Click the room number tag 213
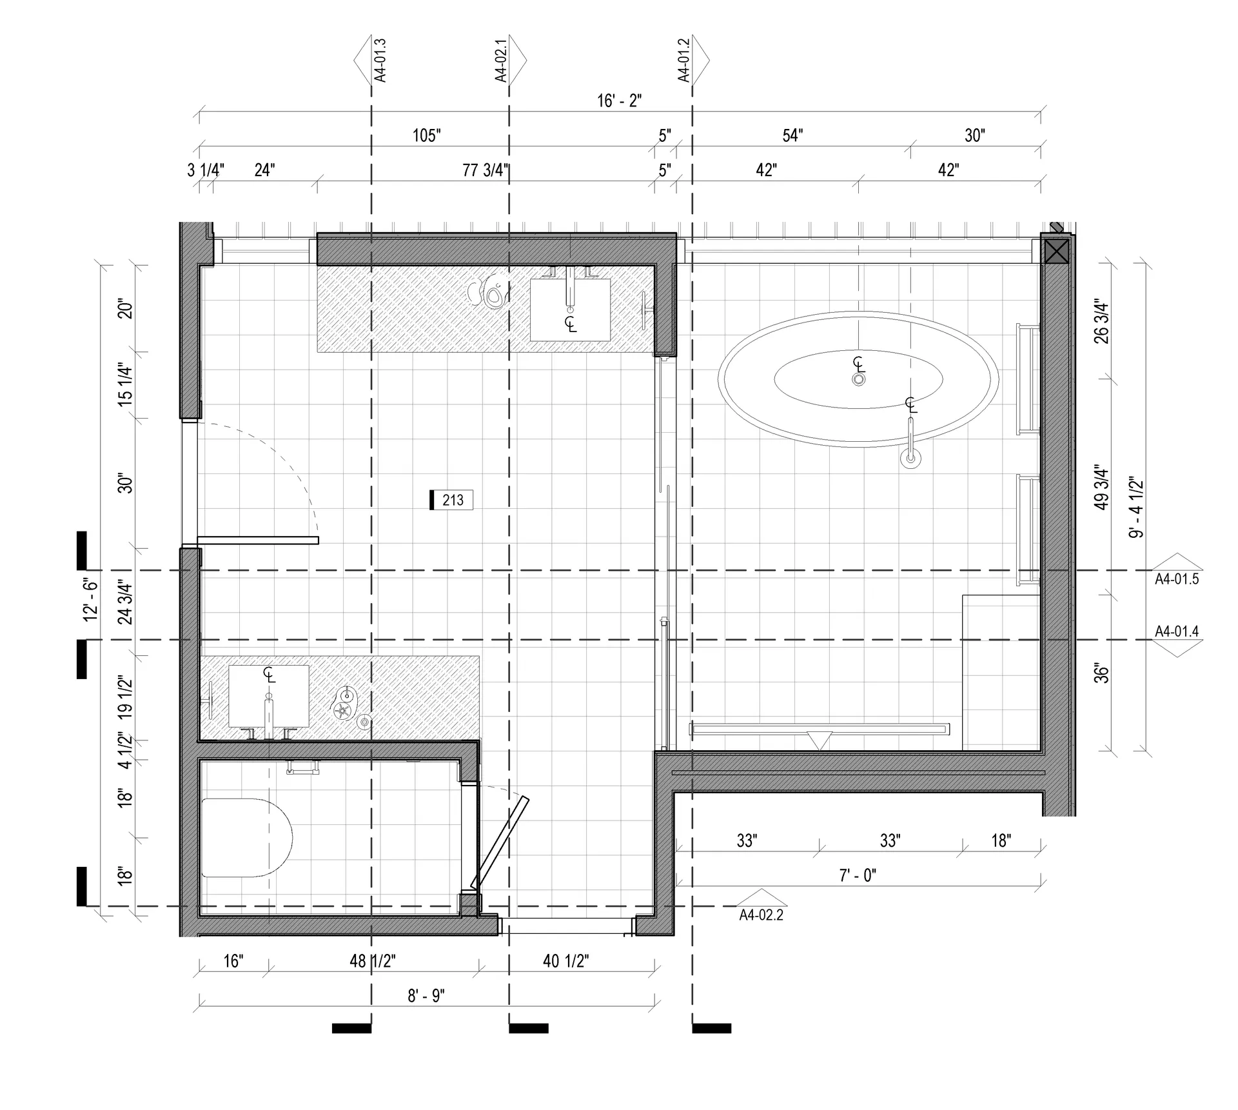click(452, 500)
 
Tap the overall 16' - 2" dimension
click(619, 101)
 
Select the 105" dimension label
click(427, 135)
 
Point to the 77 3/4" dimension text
click(486, 170)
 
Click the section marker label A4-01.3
click(380, 61)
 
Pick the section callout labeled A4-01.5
click(1177, 579)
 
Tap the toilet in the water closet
click(247, 837)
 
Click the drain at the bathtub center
click(858, 380)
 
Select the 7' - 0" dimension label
click(858, 875)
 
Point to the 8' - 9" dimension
click(426, 996)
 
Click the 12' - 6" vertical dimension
click(90, 600)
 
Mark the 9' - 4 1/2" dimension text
click(1136, 507)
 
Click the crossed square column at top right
click(1056, 251)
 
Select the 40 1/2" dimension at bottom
click(565, 961)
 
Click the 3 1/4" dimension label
click(206, 170)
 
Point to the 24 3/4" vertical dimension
click(125, 604)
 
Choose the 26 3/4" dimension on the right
click(1102, 321)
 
